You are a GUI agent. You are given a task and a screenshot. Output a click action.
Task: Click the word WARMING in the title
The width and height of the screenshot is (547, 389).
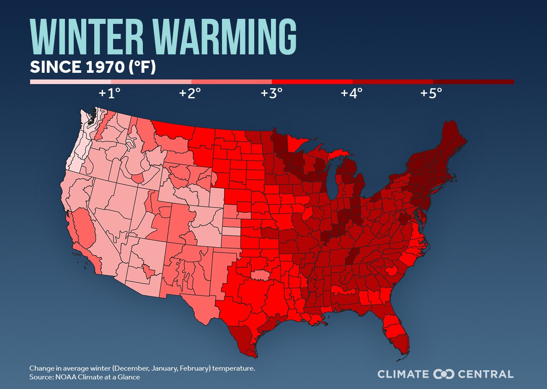224,36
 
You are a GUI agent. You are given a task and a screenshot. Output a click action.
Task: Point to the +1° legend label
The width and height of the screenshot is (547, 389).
109,93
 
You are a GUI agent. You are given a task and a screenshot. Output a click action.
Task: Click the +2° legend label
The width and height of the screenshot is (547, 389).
190,93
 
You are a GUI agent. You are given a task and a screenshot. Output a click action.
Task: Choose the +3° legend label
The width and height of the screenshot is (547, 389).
271,93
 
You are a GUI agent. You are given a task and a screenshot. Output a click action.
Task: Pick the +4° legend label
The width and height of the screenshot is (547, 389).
351,93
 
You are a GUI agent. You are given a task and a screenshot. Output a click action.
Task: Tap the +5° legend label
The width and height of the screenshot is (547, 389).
431,93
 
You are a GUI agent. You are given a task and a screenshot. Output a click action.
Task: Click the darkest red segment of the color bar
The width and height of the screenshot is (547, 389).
473,82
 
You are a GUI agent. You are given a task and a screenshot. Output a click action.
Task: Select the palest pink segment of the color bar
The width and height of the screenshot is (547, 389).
70,82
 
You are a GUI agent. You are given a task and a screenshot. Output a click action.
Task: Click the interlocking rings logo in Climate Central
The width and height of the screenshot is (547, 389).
444,374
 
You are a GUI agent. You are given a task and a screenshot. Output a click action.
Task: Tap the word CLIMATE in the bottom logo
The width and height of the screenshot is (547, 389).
403,374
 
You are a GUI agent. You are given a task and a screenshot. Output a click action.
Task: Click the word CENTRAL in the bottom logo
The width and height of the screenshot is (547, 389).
485,374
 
